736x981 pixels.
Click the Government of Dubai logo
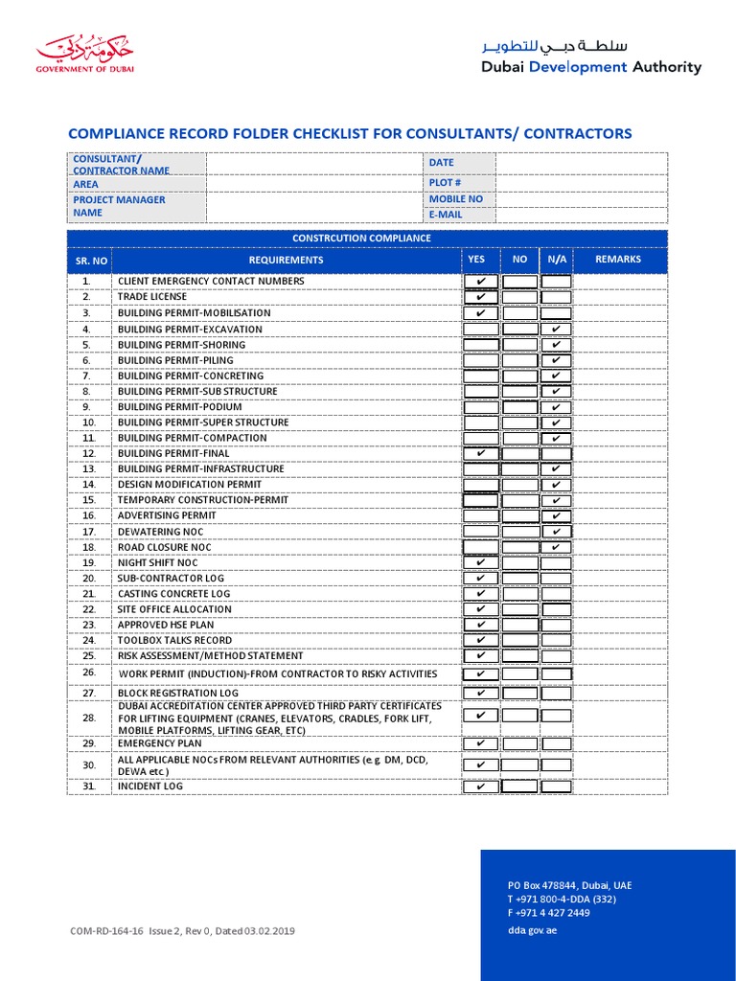(x=85, y=55)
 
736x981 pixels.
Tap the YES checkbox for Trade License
(x=480, y=297)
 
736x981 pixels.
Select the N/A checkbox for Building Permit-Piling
(x=556, y=360)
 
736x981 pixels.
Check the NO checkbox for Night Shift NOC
(x=519, y=563)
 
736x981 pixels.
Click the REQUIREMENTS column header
(x=286, y=260)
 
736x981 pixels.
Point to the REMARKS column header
(x=618, y=260)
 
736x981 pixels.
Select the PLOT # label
(x=445, y=183)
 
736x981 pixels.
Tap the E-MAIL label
(x=446, y=215)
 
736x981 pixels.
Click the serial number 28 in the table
(x=89, y=718)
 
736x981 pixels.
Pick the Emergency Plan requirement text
(x=160, y=743)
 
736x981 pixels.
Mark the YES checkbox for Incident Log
(x=480, y=787)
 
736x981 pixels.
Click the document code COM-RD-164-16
(x=107, y=930)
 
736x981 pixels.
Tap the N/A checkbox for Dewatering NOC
(x=556, y=532)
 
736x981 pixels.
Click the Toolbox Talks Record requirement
(x=174, y=640)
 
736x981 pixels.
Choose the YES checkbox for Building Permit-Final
(x=480, y=454)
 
